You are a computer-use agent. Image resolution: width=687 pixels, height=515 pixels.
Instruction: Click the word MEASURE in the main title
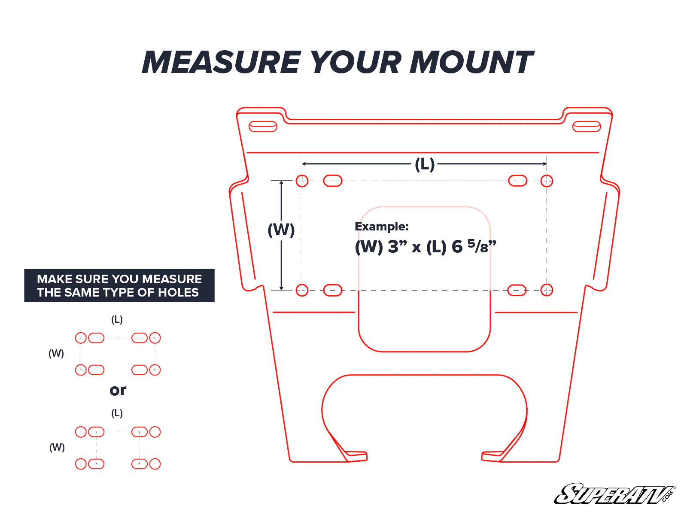[x=222, y=63]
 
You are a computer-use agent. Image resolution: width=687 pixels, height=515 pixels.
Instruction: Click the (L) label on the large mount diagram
[x=425, y=164]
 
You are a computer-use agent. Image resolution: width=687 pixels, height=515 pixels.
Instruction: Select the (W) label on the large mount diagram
[x=281, y=230]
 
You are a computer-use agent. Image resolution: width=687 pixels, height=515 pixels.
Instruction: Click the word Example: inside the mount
[x=382, y=227]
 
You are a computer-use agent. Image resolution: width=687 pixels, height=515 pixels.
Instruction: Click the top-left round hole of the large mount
[x=302, y=181]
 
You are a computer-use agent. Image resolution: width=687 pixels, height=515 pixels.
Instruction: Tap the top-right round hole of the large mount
[x=547, y=181]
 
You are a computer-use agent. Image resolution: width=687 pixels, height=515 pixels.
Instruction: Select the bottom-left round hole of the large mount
[x=302, y=290]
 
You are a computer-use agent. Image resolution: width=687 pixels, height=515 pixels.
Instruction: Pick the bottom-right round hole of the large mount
[x=547, y=290]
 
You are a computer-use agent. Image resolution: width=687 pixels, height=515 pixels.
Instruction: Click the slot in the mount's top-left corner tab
[x=263, y=127]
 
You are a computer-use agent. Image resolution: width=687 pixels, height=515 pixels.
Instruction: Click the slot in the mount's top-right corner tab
[x=587, y=127]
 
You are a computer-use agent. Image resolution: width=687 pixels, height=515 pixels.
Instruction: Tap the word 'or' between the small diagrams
[x=118, y=390]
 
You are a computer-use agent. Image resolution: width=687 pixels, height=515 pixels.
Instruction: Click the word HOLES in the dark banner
[x=179, y=293]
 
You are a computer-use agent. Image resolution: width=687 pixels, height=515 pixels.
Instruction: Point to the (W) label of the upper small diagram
[x=56, y=353]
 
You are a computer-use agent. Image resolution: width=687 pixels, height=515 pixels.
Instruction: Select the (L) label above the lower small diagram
[x=117, y=413]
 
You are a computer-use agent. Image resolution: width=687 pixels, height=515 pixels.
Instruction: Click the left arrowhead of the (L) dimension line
[x=304, y=164]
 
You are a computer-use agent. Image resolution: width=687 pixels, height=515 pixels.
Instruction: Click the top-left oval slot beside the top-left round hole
[x=332, y=181]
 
